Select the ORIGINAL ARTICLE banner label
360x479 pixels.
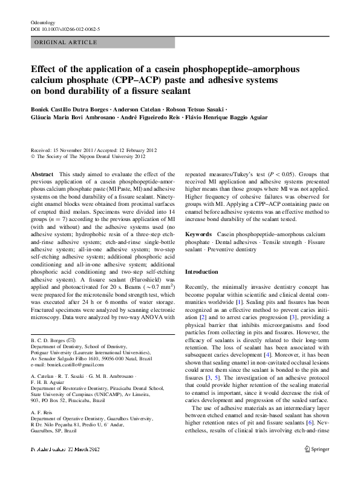(65, 42)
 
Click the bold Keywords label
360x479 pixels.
(198, 233)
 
